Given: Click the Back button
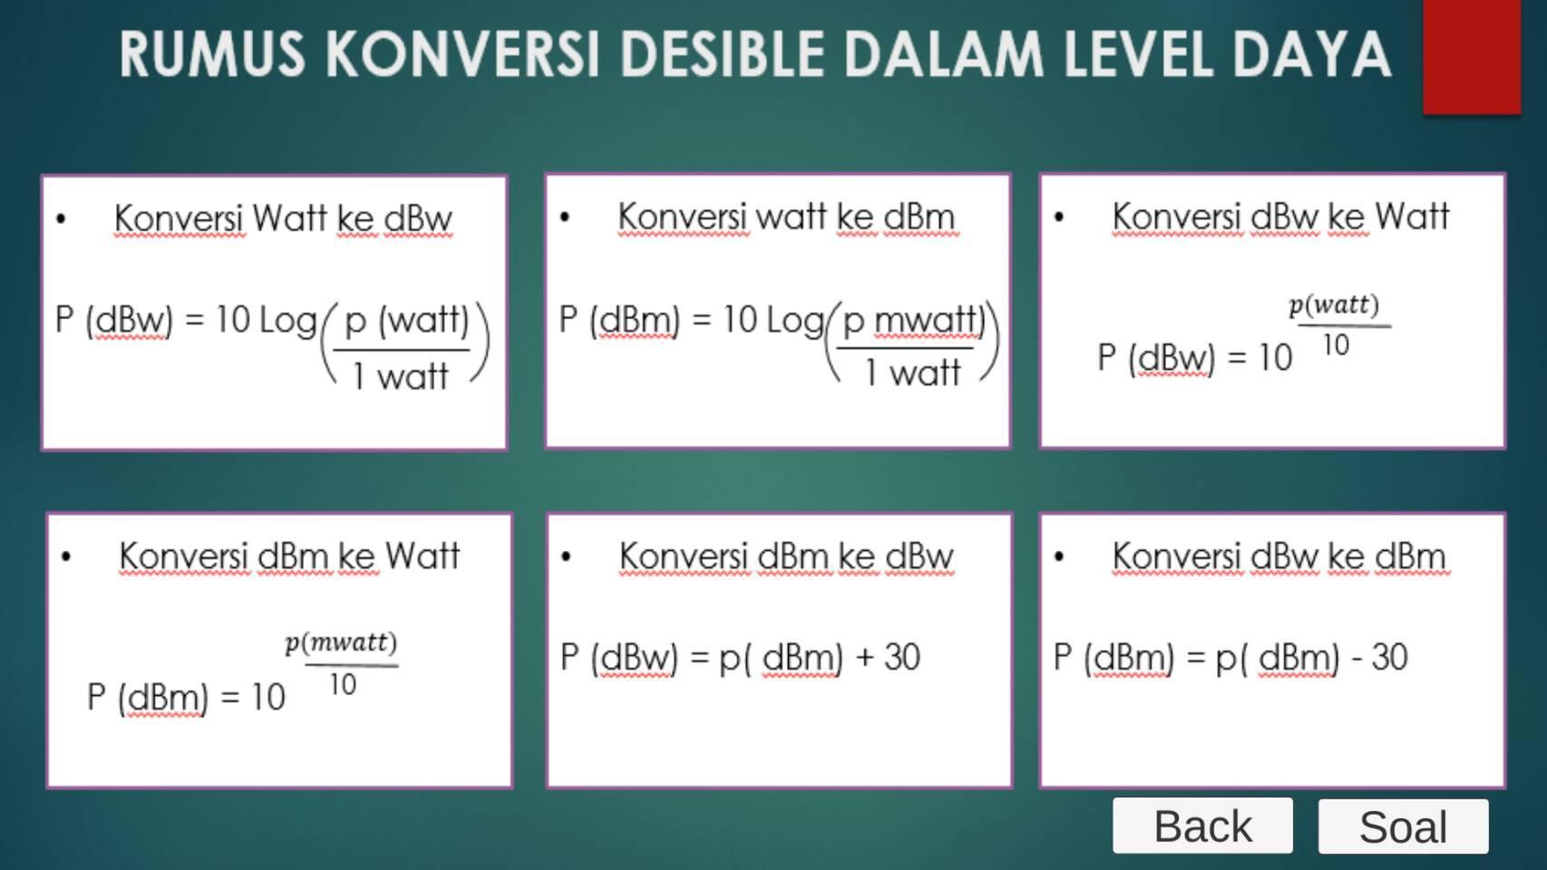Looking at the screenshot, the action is point(1202,826).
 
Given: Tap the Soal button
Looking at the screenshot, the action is point(1403,826).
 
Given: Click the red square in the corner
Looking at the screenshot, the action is point(1472,56).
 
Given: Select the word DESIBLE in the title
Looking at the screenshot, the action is point(723,54).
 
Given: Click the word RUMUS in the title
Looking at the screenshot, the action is point(212,54).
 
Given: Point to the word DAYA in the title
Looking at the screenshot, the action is point(1311,54).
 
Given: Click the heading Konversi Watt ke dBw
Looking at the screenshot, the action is point(282,219).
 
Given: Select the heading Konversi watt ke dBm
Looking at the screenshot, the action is point(786,217).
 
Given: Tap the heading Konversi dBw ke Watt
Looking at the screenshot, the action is point(1279,217).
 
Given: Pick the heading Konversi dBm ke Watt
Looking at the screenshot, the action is point(288,556).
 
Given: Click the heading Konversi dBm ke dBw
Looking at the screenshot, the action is point(786,556).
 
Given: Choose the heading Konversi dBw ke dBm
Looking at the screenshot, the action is point(1279,556).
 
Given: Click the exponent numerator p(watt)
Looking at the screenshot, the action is point(1334,305).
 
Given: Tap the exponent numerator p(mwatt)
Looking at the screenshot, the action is point(341,643).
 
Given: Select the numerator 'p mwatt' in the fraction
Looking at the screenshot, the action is point(910,321).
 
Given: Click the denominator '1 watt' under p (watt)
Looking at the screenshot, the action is point(401,377).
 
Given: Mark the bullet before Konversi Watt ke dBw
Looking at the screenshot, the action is point(61,219).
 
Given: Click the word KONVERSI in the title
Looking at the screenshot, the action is point(462,54).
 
